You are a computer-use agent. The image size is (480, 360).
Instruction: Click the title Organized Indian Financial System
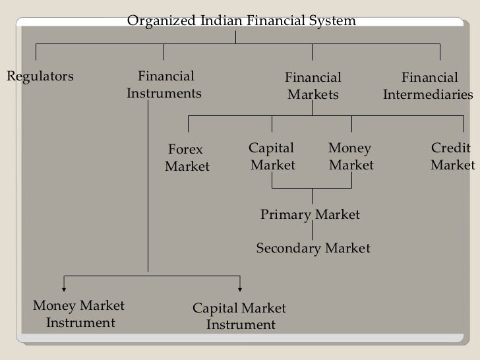pos(241,21)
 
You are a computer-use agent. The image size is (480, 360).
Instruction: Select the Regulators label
pos(40,76)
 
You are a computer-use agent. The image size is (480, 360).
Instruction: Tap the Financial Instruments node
pos(164,85)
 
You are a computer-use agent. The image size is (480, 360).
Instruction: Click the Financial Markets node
pos(313,86)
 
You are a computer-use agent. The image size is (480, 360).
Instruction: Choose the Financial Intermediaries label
pos(429,86)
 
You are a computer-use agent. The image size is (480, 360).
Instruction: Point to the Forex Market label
pos(186,158)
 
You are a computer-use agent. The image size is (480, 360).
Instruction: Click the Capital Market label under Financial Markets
pos(272,156)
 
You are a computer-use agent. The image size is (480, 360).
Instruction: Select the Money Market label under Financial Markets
pos(351,156)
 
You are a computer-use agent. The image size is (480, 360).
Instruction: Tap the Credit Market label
pos(452,156)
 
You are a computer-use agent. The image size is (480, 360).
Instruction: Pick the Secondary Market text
pos(313,249)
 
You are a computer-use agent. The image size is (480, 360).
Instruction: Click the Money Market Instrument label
pos(80,315)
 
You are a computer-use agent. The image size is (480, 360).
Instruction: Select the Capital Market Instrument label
pos(239,316)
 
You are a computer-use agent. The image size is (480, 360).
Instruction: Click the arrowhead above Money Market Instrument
pos(64,287)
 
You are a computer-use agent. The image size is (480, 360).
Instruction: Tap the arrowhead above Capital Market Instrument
pos(240,287)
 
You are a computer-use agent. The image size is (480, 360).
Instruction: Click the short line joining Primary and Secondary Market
pos(313,231)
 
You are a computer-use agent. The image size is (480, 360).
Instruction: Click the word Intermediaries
pos(429,95)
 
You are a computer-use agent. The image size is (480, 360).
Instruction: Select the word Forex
pos(186,150)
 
